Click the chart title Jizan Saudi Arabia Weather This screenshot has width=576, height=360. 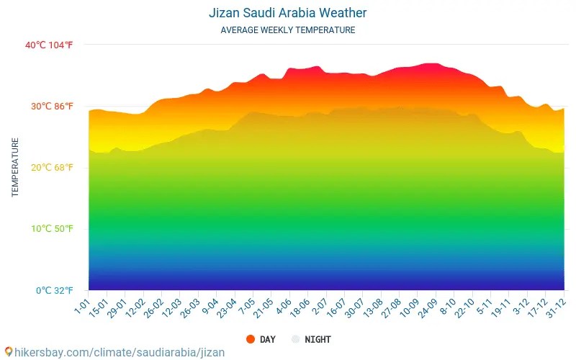[x=287, y=13]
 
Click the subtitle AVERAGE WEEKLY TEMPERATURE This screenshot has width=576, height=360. [x=287, y=30]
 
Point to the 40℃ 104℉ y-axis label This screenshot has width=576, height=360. [x=49, y=45]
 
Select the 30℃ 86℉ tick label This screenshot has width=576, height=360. [x=51, y=107]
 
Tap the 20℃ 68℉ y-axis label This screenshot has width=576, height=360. [x=51, y=168]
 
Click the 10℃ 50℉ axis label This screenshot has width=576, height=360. [x=51, y=229]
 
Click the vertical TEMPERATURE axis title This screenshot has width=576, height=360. [x=15, y=167]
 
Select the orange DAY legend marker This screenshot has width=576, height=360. [x=251, y=339]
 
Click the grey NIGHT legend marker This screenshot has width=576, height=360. [x=295, y=339]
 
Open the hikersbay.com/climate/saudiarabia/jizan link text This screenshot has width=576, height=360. [x=120, y=353]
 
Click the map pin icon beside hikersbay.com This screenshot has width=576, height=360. [x=8, y=353]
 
